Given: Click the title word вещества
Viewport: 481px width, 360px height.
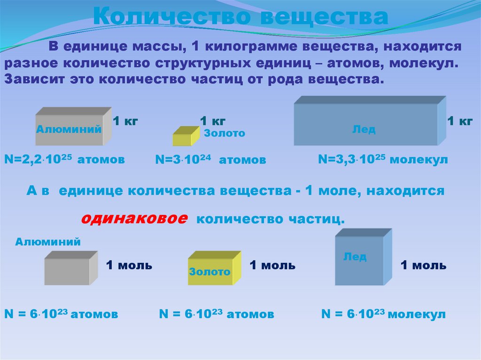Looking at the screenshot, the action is pyautogui.click(x=324, y=17).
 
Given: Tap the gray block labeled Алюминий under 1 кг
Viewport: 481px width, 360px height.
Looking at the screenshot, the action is pyautogui.click(x=73, y=127).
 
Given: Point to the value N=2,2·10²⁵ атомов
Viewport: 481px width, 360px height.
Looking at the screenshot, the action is pyautogui.click(x=64, y=159).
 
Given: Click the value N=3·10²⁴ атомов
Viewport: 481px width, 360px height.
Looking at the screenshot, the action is pyautogui.click(x=210, y=160).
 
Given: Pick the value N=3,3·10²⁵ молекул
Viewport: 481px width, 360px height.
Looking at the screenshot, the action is pyautogui.click(x=383, y=159).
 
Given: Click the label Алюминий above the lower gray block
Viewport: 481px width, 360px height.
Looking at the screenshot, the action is pyautogui.click(x=48, y=242).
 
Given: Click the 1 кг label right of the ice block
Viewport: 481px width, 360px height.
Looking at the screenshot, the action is pyautogui.click(x=459, y=121).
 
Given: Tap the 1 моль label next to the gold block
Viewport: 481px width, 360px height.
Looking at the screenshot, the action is pyautogui.click(x=272, y=265).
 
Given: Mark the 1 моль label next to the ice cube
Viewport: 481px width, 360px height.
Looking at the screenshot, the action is pyautogui.click(x=423, y=265).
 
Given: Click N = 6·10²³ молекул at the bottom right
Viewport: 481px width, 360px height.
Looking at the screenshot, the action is pyautogui.click(x=383, y=314).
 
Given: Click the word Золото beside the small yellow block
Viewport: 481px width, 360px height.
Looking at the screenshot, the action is pyautogui.click(x=225, y=133).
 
